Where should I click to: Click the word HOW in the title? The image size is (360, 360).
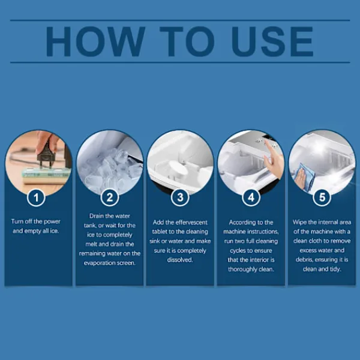[x=95, y=41]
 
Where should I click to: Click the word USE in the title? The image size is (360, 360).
[x=272, y=41]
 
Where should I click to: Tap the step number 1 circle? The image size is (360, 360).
[x=36, y=197]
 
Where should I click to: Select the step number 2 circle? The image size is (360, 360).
[x=110, y=197]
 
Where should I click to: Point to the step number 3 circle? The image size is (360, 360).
[x=180, y=197]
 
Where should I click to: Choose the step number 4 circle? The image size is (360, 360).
[x=251, y=197]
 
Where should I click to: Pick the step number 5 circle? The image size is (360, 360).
[x=322, y=197]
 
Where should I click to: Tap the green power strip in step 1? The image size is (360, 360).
[x=46, y=175]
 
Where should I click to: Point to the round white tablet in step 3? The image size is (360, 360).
[x=178, y=169]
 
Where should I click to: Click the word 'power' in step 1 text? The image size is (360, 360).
[x=52, y=222]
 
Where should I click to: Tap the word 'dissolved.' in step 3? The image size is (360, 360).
[x=180, y=260]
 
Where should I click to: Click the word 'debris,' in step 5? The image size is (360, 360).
[x=304, y=260]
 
